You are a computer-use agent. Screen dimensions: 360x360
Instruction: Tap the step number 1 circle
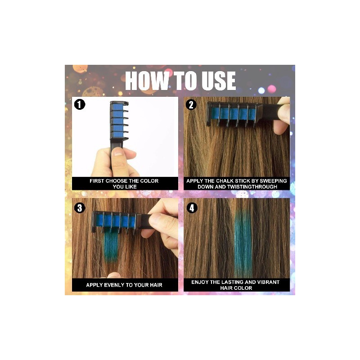coord(80,104)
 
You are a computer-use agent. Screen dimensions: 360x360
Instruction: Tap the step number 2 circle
coord(191,105)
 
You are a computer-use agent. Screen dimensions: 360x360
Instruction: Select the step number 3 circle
coord(80,208)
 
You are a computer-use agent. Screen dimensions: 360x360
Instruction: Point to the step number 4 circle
coord(192,208)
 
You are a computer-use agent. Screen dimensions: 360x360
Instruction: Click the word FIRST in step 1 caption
coord(97,181)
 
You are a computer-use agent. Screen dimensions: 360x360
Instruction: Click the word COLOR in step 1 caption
coord(149,181)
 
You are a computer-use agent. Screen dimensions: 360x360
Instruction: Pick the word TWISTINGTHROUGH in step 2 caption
coord(252,187)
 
